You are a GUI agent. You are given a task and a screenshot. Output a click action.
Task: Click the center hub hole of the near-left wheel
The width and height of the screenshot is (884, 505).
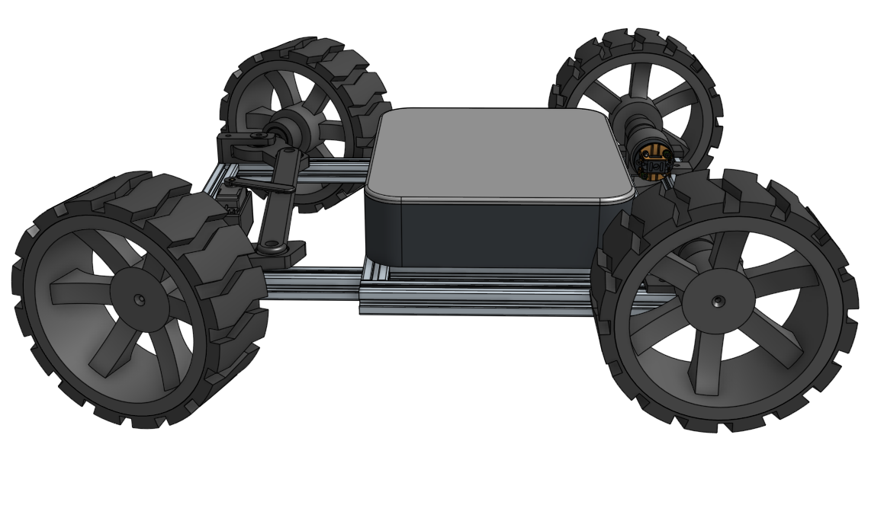tap(139, 299)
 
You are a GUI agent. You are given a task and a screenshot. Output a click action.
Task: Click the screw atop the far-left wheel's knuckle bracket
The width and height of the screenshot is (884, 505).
tap(260, 136)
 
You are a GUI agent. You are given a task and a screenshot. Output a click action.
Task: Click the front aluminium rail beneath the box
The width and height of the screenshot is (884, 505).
tap(473, 297)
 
